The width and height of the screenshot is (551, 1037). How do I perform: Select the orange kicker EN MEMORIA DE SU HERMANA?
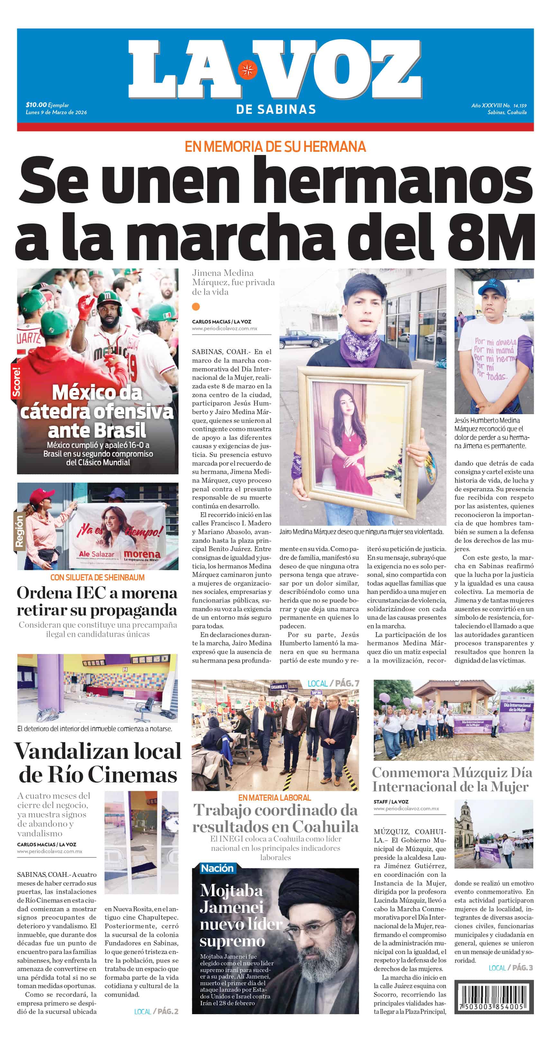[x=275, y=146]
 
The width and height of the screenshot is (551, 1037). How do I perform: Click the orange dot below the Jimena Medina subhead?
[x=196, y=307]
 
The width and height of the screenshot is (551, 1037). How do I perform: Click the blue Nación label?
[x=217, y=868]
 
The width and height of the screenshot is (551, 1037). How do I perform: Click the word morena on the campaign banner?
[x=142, y=554]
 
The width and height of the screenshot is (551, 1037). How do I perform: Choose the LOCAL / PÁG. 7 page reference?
[x=333, y=683]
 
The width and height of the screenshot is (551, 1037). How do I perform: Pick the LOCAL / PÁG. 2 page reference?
[x=156, y=1012]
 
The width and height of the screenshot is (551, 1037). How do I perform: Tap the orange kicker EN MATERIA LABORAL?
[x=275, y=797]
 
